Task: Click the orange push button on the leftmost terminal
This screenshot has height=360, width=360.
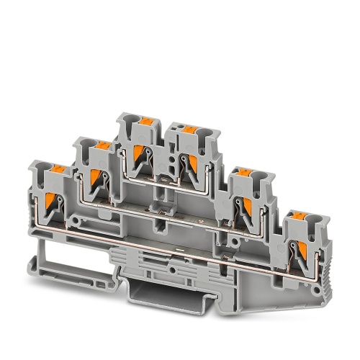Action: (56, 171)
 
